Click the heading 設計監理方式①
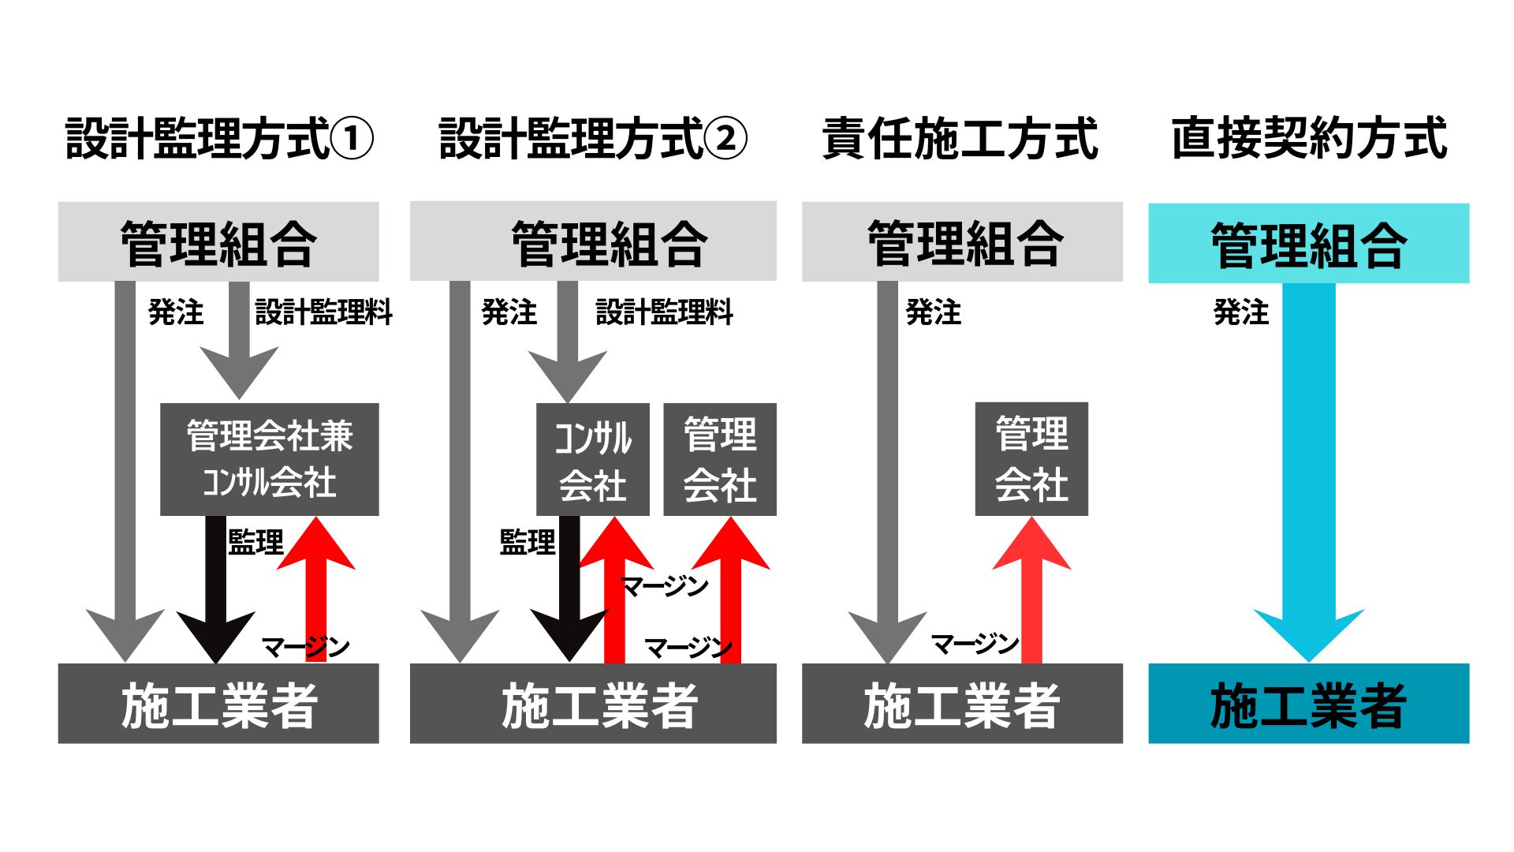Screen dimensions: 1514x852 [219, 139]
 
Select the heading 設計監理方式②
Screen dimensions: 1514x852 [593, 139]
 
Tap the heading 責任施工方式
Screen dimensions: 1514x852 [960, 139]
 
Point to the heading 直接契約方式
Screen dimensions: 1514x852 [1309, 139]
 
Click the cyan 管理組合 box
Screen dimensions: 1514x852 [1309, 243]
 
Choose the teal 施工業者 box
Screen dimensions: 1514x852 [1309, 703]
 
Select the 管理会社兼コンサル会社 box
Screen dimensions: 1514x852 [270, 459]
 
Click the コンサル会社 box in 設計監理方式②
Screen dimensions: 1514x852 [593, 459]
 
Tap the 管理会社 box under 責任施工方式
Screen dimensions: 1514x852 [1031, 459]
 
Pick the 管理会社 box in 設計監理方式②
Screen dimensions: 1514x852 [720, 459]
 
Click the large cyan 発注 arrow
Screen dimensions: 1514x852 [1309, 473]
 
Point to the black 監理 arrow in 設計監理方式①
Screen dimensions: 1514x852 [216, 589]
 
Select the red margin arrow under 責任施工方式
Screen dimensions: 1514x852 [1031, 589]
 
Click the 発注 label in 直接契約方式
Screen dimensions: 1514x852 [1241, 312]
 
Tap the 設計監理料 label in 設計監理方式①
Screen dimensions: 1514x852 [323, 312]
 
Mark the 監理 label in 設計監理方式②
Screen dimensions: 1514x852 [528, 542]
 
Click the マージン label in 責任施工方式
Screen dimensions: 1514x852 [975, 644]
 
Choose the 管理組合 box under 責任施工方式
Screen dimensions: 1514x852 [962, 241]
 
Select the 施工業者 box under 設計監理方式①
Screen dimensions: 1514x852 [218, 703]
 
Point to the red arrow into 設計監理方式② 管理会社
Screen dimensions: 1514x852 [730, 589]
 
